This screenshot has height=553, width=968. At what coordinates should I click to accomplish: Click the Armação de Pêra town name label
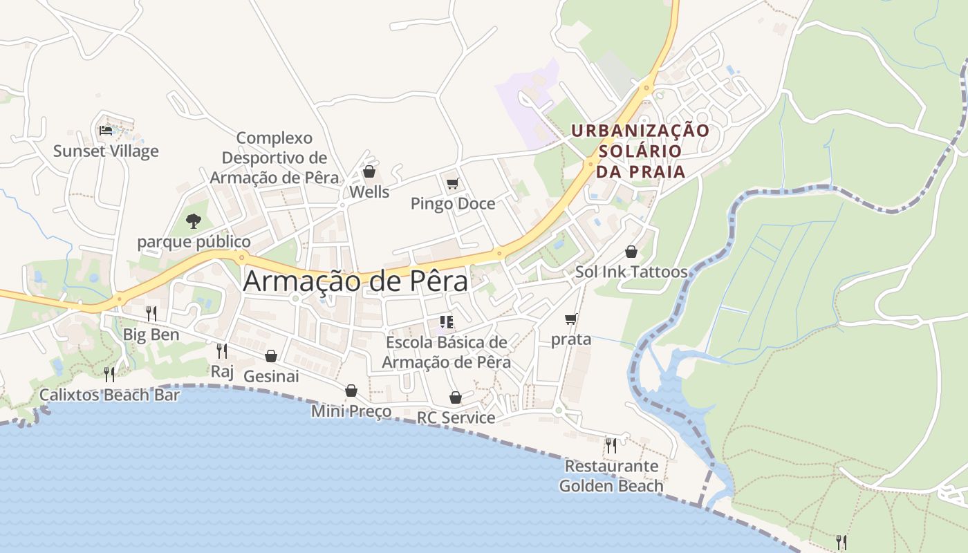[355, 281]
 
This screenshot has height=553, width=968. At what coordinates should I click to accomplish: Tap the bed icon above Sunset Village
[106, 130]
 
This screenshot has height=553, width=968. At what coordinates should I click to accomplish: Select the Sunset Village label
[106, 151]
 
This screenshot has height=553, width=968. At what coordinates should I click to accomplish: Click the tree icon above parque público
[194, 221]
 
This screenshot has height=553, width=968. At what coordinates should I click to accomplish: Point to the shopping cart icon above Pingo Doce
[453, 183]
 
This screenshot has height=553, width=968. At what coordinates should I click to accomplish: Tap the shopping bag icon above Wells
[369, 171]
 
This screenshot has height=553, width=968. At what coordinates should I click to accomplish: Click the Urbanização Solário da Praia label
[640, 151]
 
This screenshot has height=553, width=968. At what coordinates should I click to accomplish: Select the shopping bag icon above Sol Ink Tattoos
[631, 252]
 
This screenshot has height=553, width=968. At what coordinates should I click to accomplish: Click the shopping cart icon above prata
[571, 319]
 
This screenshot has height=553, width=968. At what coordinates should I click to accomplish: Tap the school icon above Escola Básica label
[446, 321]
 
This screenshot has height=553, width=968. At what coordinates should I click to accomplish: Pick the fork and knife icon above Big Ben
[151, 314]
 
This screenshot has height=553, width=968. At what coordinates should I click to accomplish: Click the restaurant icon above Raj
[222, 351]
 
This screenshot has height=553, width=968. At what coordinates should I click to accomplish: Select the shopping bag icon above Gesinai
[271, 356]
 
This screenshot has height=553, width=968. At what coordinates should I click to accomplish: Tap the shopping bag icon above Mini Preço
[351, 391]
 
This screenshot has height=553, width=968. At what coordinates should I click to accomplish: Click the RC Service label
[456, 418]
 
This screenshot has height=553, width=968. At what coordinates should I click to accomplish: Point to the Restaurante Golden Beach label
[611, 476]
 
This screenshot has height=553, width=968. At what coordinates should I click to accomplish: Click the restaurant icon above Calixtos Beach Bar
[109, 375]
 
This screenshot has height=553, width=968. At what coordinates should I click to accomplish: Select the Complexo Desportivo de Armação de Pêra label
[274, 158]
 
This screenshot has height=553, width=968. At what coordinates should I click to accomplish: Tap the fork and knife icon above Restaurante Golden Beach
[611, 446]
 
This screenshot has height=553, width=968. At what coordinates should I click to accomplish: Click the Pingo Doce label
[453, 204]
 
